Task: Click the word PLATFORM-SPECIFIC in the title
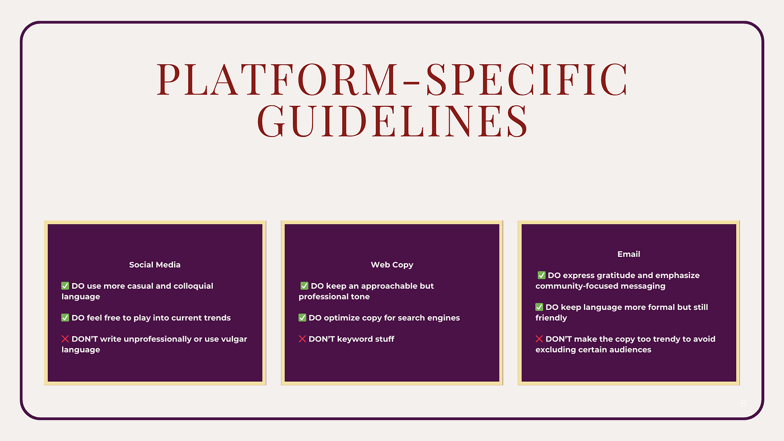[392, 79]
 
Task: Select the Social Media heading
[155, 265]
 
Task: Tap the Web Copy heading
[392, 265]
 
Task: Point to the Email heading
[628, 254]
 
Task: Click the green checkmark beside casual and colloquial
[65, 286]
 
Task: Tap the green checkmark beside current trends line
[65, 317]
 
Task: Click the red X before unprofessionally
[65, 339]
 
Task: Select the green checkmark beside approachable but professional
[304, 286]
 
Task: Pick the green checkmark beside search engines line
[302, 317]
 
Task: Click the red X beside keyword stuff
[302, 339]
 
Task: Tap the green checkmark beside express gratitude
[542, 275]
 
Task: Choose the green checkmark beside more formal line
[539, 307]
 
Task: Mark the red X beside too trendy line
[539, 339]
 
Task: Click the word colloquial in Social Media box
[193, 287]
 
